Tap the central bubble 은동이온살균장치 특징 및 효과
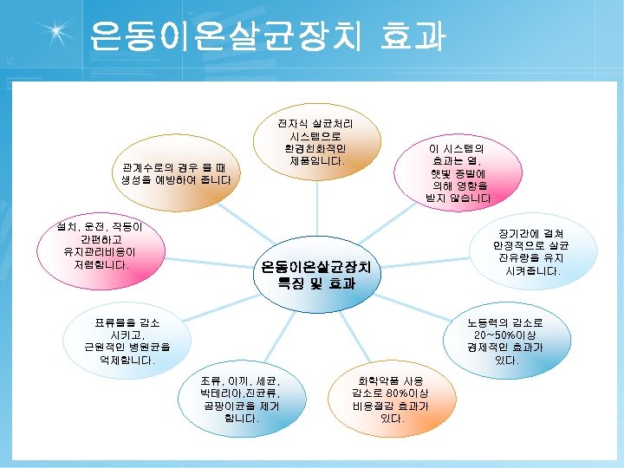pyautogui.click(x=315, y=274)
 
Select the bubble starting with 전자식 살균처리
pyautogui.click(x=315, y=142)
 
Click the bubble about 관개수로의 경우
pyautogui.click(x=177, y=173)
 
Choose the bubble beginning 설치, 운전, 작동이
pyautogui.click(x=101, y=246)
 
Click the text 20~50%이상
pyautogui.click(x=507, y=335)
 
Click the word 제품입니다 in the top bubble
pyautogui.click(x=316, y=161)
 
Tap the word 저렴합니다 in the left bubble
pyautogui.click(x=101, y=264)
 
